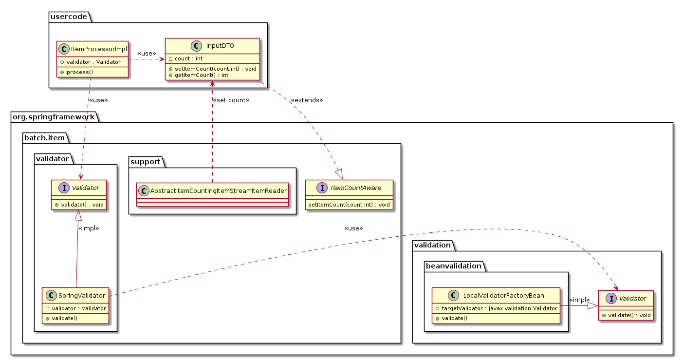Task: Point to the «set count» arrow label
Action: (231, 100)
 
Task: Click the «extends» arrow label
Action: (306, 100)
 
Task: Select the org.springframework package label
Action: (54, 117)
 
